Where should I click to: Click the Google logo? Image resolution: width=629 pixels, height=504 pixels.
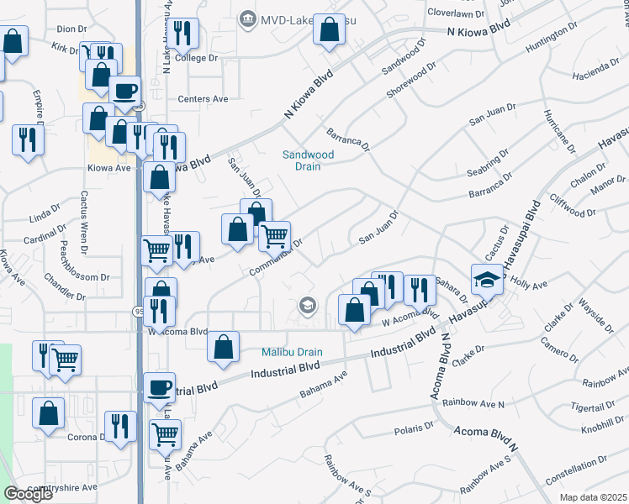pos(28,494)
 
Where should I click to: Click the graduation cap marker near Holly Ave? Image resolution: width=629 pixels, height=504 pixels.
pos(486,279)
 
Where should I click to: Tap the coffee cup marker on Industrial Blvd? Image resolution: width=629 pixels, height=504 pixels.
pos(159,387)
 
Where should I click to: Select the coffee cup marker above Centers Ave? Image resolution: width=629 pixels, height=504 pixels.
pos(124,90)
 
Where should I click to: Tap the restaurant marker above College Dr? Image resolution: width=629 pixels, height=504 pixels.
pos(182,33)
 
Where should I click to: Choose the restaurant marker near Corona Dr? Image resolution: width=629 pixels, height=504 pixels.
pos(120,426)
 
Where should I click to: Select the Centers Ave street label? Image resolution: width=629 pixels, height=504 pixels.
pos(203,99)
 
